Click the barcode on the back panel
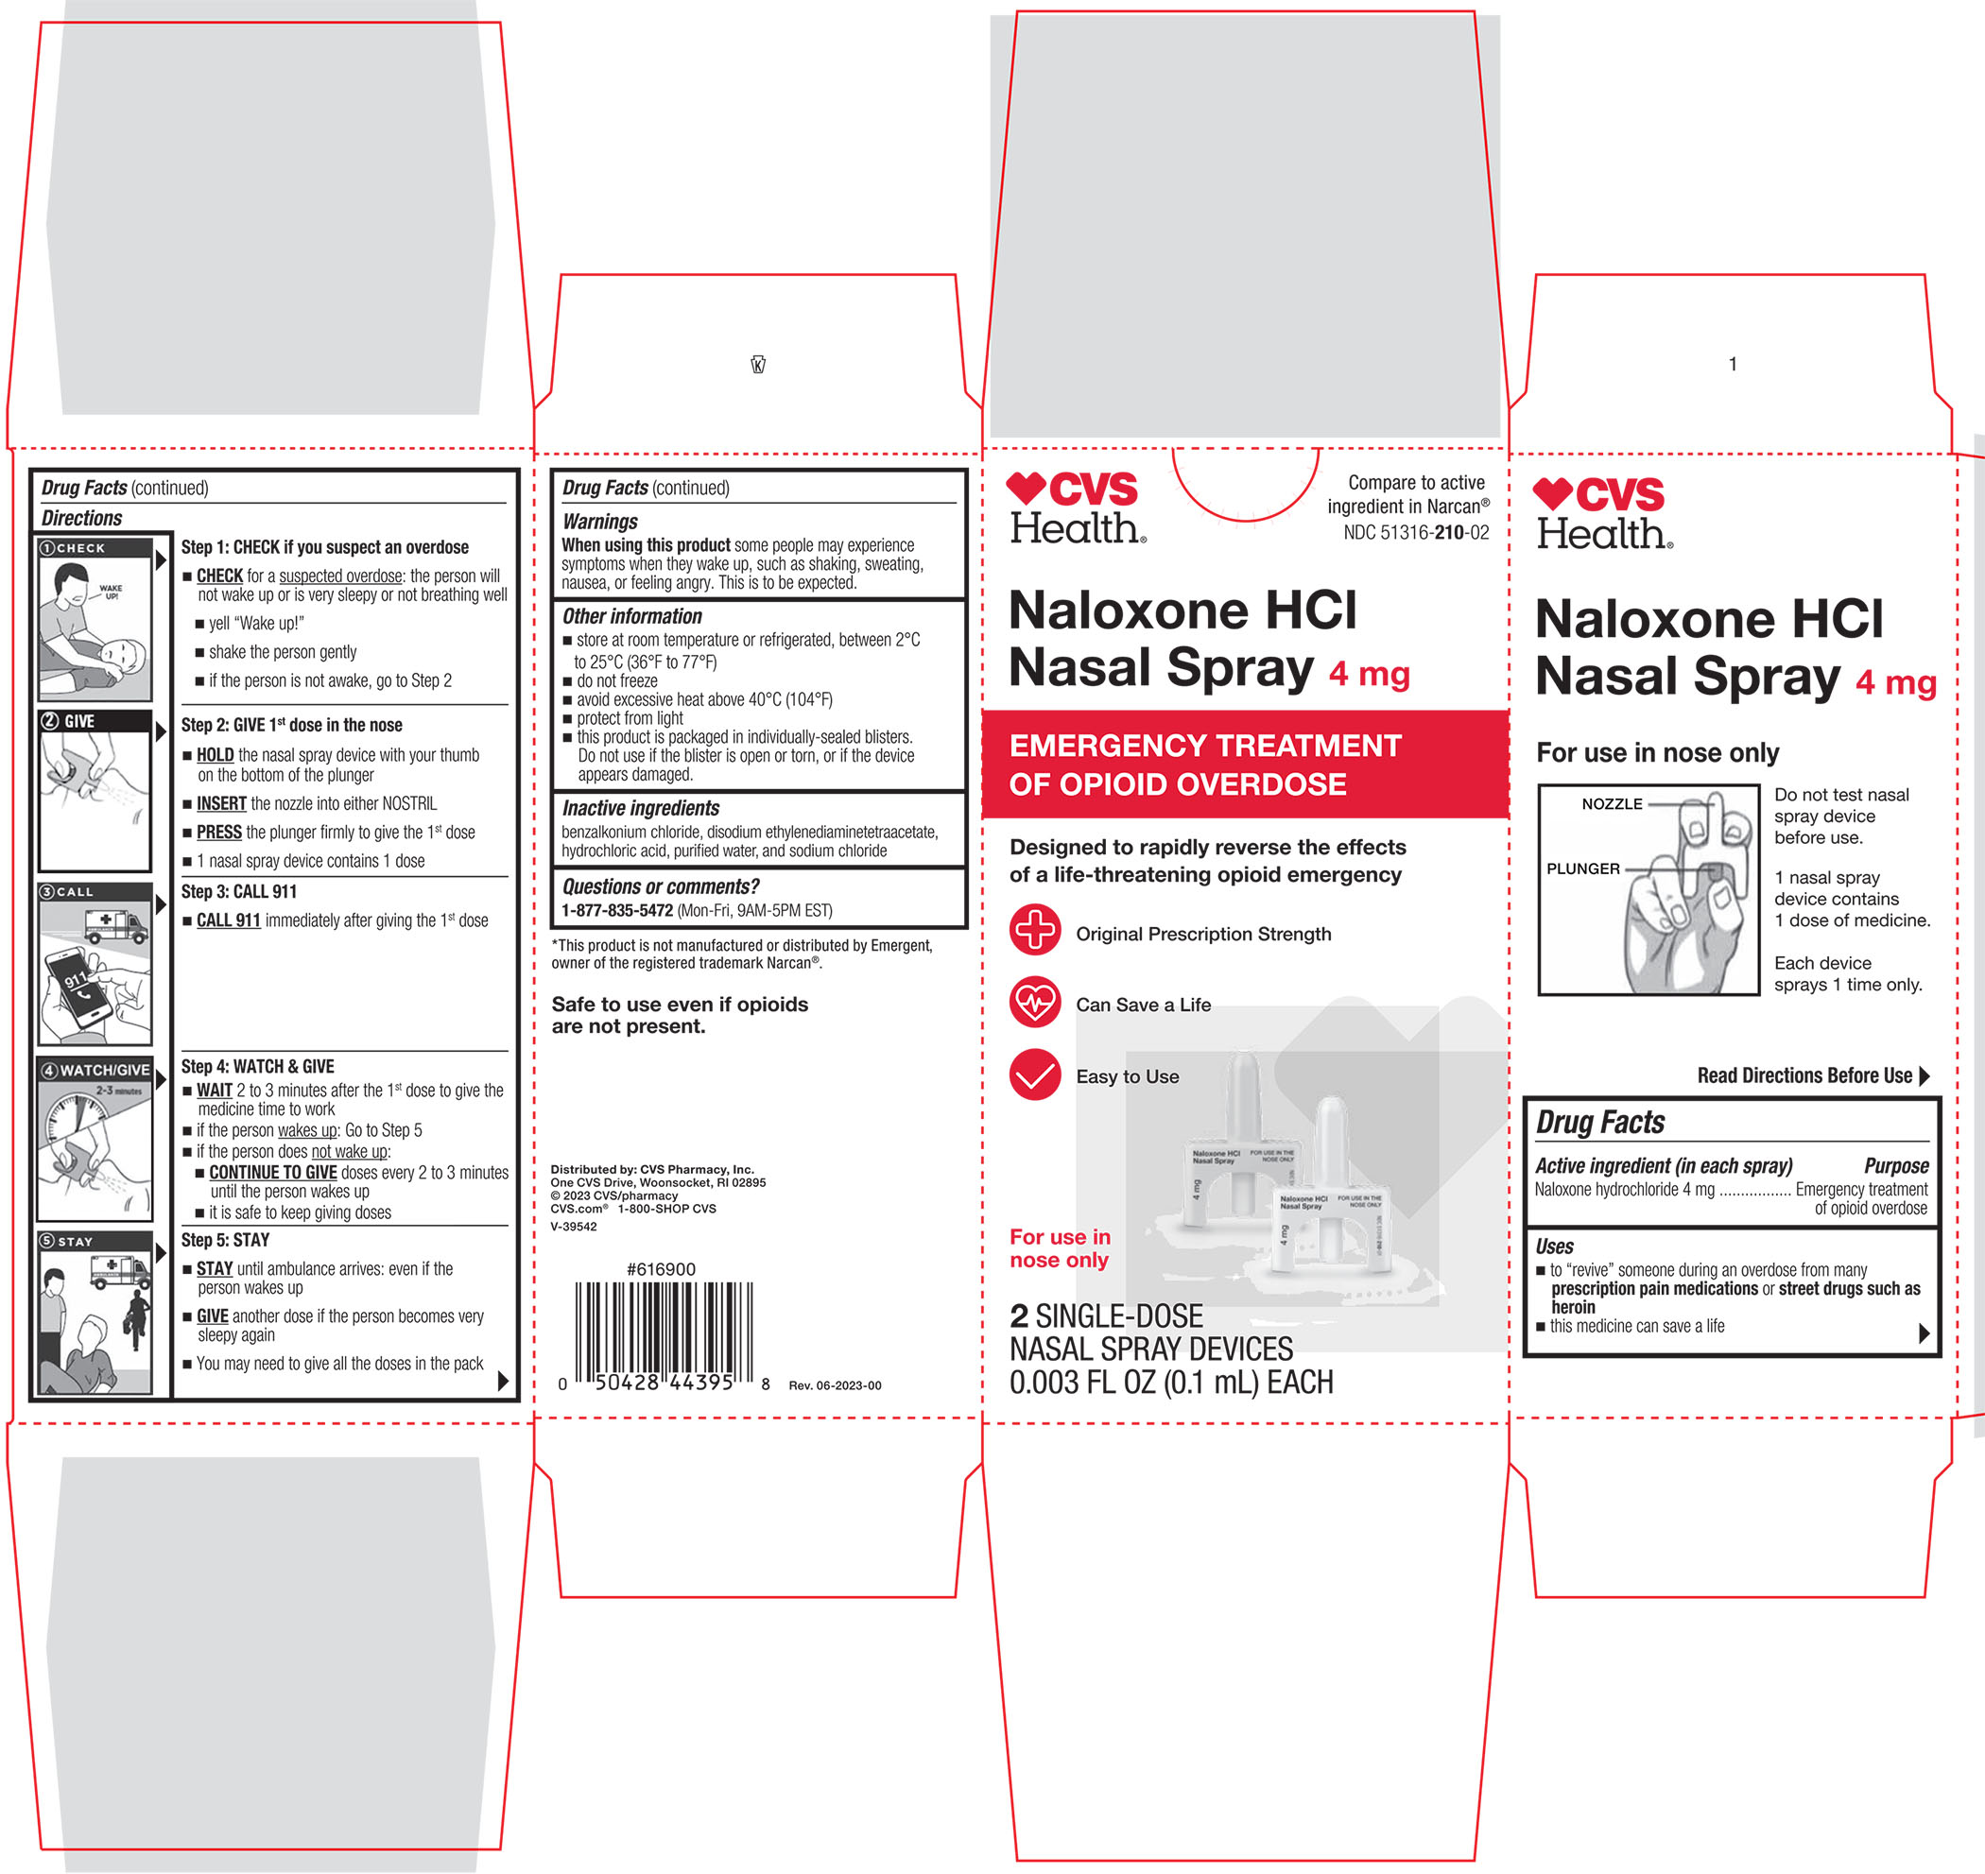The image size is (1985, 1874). [x=664, y=1336]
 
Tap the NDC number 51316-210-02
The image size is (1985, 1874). [x=1416, y=532]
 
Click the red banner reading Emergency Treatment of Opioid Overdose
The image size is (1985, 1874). [x=1245, y=765]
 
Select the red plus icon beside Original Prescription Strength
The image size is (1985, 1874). [x=1035, y=930]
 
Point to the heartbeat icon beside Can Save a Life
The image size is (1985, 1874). [x=1035, y=1002]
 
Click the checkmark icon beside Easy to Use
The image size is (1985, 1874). [x=1035, y=1075]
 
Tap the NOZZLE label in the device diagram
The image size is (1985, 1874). [x=1612, y=804]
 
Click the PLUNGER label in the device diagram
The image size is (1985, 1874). [x=1583, y=869]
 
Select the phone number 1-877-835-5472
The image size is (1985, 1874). [x=616, y=910]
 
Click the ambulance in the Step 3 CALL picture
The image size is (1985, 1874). [x=116, y=925]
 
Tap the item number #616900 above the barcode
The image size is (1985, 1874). [x=661, y=1269]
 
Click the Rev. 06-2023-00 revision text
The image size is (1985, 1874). [x=836, y=1385]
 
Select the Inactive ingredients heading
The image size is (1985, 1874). [x=640, y=808]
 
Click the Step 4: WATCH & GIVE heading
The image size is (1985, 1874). [x=258, y=1067]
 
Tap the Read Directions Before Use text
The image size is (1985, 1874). [x=1804, y=1075]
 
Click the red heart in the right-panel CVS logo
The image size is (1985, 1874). [x=1552, y=492]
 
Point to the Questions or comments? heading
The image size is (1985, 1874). [x=661, y=886]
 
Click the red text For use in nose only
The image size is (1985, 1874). [x=1060, y=1248]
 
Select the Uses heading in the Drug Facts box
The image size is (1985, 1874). [x=1554, y=1246]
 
